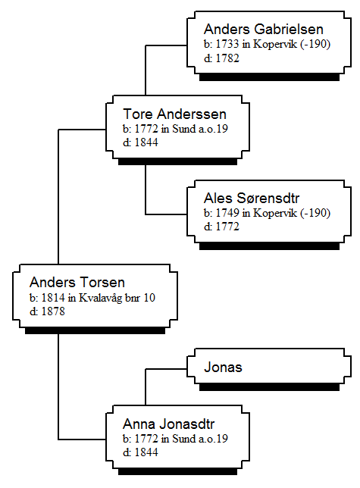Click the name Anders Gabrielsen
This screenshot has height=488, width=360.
[264, 30]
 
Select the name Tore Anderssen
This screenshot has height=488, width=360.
[174, 114]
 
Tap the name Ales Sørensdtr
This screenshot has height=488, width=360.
[252, 199]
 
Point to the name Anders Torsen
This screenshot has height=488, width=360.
[77, 283]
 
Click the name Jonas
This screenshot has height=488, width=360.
[223, 368]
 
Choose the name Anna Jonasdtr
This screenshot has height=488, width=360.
[169, 424]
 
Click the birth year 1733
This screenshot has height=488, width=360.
[227, 44]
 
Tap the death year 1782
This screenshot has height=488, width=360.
[227, 58]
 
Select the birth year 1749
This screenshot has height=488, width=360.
[227, 213]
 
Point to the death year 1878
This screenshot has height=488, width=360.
[53, 311]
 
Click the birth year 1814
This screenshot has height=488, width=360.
[53, 298]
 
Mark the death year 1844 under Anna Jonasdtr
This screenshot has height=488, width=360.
[146, 452]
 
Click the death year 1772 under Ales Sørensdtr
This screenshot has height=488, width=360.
[227, 227]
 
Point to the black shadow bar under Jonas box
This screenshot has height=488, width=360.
[269, 387]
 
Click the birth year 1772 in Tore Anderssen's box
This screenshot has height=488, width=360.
[146, 129]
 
